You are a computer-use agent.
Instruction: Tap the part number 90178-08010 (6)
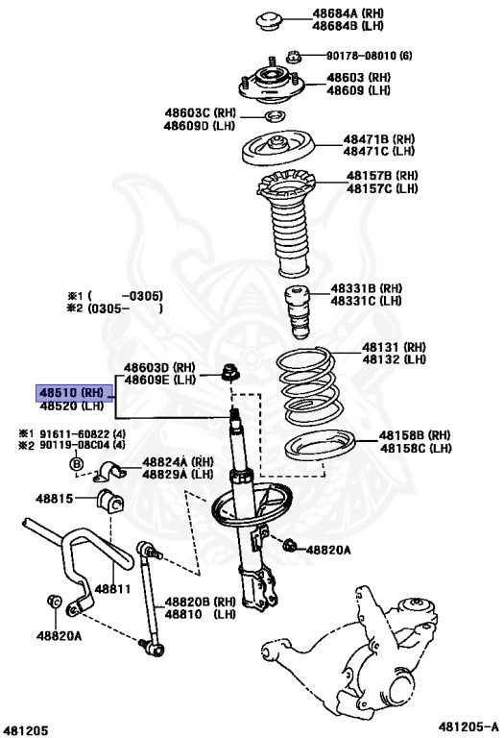click(x=370, y=56)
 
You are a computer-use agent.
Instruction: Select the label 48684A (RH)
click(x=348, y=13)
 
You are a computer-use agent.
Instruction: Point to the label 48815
click(x=55, y=499)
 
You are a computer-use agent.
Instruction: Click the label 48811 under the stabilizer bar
click(x=113, y=588)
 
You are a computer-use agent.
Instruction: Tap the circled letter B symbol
click(x=76, y=464)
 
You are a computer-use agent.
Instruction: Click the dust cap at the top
click(x=269, y=22)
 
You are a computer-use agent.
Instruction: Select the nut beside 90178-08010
click(x=293, y=58)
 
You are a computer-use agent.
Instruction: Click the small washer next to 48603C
click(x=275, y=115)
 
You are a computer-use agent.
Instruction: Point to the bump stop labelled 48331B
click(x=298, y=312)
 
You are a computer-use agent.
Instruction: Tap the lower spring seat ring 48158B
click(x=321, y=447)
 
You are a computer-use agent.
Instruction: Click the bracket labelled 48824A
click(x=110, y=472)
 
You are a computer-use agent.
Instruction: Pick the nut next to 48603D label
click(x=230, y=372)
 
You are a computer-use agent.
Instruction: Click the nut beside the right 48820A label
click(x=290, y=546)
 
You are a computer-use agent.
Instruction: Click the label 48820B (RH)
click(x=200, y=602)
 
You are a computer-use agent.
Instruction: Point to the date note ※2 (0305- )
click(x=115, y=308)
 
